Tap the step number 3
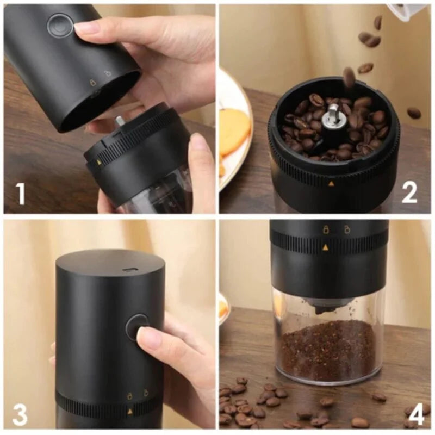(20, 414)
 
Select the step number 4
(415, 414)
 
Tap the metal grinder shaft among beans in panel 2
(332, 116)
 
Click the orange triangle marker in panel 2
(331, 183)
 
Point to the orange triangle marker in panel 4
(325, 247)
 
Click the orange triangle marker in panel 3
(129, 412)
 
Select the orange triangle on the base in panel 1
(99, 161)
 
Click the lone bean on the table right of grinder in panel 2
(414, 113)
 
